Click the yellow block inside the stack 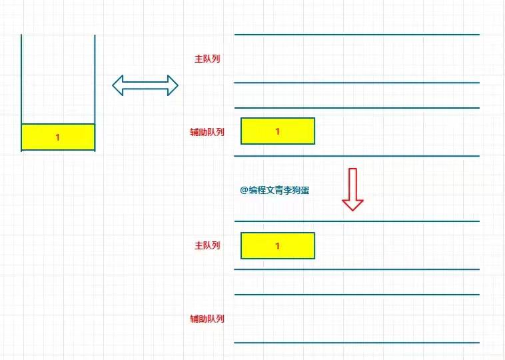(40, 137)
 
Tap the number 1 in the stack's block (57, 137)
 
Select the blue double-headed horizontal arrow (145, 85)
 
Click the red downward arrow (352, 189)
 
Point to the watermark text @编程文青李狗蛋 (275, 190)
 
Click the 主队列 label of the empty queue (207, 59)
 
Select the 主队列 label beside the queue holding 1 (207, 245)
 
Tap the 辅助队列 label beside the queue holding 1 (207, 132)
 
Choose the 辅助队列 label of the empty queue (207, 319)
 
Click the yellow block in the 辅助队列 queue (260, 131)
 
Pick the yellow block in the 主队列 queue (260, 245)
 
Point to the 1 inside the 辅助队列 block (277, 131)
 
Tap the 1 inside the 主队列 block (277, 246)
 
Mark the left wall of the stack (22, 80)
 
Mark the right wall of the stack (95, 80)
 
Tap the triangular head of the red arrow (352, 203)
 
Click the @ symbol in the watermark (244, 190)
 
